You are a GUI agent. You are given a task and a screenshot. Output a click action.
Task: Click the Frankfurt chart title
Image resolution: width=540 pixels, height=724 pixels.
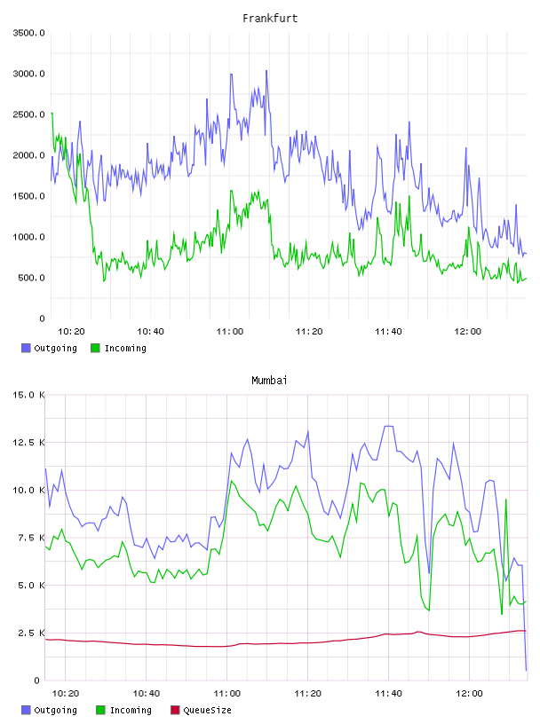point(270,18)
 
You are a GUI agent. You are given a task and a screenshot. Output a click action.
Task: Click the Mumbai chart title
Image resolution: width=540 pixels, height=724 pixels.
point(269,380)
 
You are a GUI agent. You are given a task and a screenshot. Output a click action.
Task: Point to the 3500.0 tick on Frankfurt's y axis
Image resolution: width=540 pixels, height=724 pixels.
point(28,33)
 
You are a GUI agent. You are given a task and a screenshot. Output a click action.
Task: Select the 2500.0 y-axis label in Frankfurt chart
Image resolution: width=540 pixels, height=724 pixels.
point(28,114)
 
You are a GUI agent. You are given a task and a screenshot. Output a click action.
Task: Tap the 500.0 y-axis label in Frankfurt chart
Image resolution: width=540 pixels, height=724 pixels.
point(31,278)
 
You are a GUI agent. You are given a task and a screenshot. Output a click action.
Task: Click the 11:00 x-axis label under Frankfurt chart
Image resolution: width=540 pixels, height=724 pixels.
point(230,331)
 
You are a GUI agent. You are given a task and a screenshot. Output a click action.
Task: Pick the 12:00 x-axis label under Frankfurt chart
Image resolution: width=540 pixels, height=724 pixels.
point(468,331)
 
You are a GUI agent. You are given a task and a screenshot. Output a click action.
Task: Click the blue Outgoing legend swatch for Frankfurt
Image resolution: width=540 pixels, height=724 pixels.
point(26,348)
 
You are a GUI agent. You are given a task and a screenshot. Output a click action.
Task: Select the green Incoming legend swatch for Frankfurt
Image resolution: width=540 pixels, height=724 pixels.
point(95,348)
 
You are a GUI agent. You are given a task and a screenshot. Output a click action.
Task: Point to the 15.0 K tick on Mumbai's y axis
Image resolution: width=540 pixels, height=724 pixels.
point(28,395)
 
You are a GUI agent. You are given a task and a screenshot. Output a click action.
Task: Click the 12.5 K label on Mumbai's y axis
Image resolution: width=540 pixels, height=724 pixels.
point(28,443)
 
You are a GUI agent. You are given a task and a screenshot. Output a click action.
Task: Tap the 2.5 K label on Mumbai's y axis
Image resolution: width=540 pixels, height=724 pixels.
point(31,633)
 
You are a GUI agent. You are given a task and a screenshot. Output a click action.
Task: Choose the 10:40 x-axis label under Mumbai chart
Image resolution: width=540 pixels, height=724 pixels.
point(146,693)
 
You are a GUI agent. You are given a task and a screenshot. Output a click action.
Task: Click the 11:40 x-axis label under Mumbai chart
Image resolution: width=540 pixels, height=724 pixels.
point(388,693)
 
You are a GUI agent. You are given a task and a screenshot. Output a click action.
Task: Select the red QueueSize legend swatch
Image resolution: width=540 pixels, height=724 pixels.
point(175,710)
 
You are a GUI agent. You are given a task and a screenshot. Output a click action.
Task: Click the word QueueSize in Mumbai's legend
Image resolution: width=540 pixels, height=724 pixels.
point(207,710)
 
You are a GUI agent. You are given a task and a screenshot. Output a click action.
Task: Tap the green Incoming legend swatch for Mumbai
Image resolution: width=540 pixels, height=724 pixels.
point(100,710)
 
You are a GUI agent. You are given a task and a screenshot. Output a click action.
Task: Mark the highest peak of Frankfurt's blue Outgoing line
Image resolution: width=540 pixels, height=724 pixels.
point(266,71)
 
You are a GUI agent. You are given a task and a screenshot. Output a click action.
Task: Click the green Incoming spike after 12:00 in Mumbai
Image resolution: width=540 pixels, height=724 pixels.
point(506,500)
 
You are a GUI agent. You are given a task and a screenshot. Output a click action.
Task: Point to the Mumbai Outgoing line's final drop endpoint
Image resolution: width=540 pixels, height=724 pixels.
point(526,670)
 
